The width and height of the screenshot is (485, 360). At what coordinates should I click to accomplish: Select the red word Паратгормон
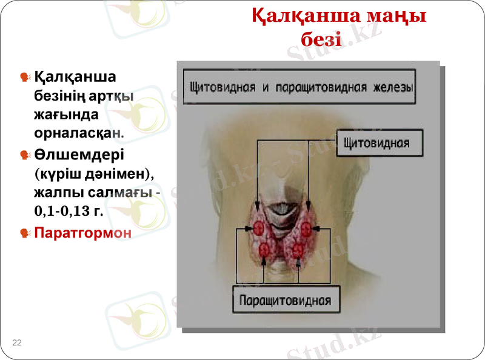click(82, 232)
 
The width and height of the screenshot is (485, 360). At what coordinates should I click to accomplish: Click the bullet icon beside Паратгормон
click(25, 233)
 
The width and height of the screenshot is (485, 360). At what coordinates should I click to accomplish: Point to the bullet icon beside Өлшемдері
click(25, 155)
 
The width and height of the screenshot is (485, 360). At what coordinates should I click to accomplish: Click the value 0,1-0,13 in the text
click(60, 212)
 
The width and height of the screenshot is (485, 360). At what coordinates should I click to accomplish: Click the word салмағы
click(125, 193)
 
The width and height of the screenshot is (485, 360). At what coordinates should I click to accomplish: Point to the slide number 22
click(16, 343)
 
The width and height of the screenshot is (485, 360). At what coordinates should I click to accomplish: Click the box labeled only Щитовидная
click(376, 144)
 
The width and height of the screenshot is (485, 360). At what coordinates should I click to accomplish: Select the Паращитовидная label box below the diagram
click(285, 300)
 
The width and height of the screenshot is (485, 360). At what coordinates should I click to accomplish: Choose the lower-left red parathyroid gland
click(265, 249)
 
